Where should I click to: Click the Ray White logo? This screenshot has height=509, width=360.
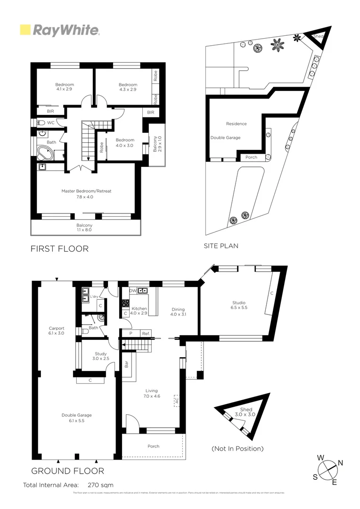(59, 31)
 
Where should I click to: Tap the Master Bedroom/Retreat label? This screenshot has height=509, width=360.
(86, 191)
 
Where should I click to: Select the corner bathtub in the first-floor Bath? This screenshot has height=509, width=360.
(46, 154)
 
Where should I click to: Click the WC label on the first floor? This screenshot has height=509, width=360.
(50, 123)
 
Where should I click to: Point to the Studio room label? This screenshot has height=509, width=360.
(239, 303)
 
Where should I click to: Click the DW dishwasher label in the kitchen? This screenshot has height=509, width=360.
(132, 291)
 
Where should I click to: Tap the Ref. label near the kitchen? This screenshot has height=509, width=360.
(146, 334)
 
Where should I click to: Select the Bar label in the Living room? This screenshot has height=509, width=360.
(126, 364)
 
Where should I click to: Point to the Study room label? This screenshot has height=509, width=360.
(100, 353)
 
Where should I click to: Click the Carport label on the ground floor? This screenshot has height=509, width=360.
(57, 328)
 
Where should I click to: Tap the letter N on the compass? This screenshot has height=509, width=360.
(340, 463)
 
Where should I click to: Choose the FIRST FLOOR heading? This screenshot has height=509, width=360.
(59, 248)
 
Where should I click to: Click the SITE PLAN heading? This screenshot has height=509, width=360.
(221, 246)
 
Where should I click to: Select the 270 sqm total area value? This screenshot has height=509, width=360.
(100, 484)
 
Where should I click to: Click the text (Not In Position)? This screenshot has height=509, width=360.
(237, 448)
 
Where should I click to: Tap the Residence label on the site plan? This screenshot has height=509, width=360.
(236, 124)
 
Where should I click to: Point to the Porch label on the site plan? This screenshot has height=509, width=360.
(251, 157)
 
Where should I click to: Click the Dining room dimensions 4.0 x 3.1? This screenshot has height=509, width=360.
(178, 314)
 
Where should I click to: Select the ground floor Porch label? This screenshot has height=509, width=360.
(154, 446)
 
